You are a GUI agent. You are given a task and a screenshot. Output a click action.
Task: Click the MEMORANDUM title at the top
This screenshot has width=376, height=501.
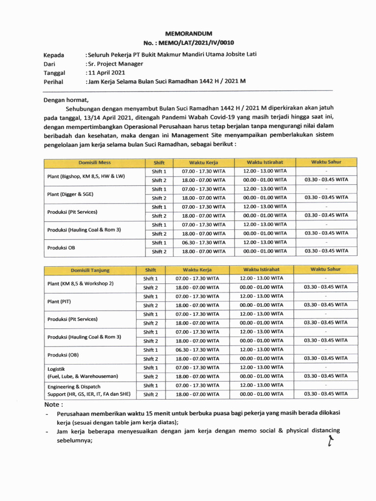point(188,33)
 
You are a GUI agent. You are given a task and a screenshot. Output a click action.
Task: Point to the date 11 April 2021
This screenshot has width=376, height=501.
point(106,72)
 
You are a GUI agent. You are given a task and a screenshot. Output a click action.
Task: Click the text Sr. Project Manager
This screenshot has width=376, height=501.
point(115,64)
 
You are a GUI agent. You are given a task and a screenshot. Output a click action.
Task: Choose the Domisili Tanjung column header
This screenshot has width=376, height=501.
point(90,270)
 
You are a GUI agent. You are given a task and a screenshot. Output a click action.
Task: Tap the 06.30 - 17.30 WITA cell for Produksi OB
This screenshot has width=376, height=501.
point(204,243)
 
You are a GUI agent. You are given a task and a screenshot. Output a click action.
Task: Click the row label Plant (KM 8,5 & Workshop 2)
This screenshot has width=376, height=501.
point(80,283)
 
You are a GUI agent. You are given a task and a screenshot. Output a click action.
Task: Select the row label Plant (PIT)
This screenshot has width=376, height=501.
point(59,301)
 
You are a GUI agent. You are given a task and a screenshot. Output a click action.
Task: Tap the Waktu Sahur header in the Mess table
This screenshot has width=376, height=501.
point(326,162)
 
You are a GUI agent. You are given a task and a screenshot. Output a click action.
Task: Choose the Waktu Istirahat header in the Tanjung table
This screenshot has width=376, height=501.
point(262,270)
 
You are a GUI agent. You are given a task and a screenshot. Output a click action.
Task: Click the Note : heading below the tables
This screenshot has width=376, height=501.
point(53,405)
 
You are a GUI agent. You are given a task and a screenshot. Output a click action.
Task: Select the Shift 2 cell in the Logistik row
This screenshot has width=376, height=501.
point(150,377)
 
